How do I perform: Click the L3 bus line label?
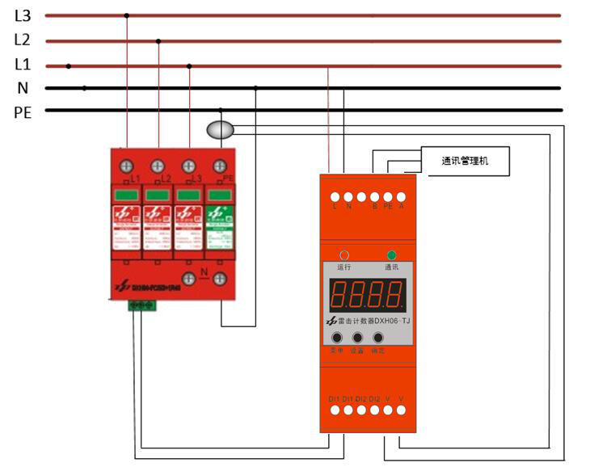point(22,15)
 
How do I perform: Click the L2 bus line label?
point(22,39)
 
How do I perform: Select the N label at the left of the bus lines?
point(23,88)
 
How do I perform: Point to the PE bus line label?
point(23,112)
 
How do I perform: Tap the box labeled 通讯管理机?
point(465,161)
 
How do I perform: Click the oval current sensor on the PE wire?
point(220,129)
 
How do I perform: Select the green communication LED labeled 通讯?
point(392,254)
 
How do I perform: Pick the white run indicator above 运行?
point(344,254)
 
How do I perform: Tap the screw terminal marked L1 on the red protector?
point(127,166)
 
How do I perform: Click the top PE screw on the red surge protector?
point(219,166)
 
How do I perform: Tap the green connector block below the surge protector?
point(141,305)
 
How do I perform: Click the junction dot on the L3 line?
point(126,15)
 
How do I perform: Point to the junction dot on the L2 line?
point(158,40)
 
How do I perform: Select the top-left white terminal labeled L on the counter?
point(334,196)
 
